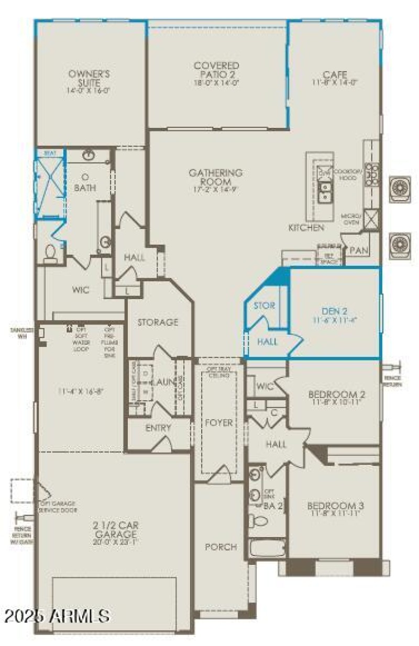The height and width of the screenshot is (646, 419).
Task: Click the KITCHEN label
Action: tap(306, 228)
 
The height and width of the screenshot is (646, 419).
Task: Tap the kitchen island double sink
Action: tap(325, 192)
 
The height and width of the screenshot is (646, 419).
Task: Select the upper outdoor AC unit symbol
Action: tap(400, 189)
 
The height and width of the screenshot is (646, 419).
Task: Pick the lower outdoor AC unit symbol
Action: tap(400, 244)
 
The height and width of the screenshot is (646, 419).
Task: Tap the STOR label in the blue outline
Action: tap(264, 305)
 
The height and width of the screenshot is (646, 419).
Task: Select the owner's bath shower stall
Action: tap(49, 185)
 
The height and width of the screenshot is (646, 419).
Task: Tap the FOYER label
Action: tap(219, 422)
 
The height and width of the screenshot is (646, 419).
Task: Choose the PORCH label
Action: tap(220, 547)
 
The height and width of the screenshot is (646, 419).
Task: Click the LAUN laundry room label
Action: tap(162, 382)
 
